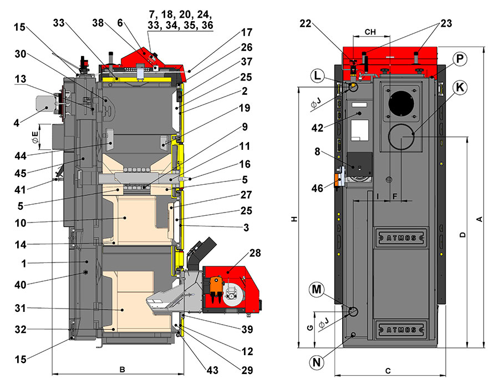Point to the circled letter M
pos(316,289)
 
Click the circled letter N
pos(316,362)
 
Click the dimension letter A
pos(480,220)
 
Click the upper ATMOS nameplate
pos(400,237)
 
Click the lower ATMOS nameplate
pos(400,329)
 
